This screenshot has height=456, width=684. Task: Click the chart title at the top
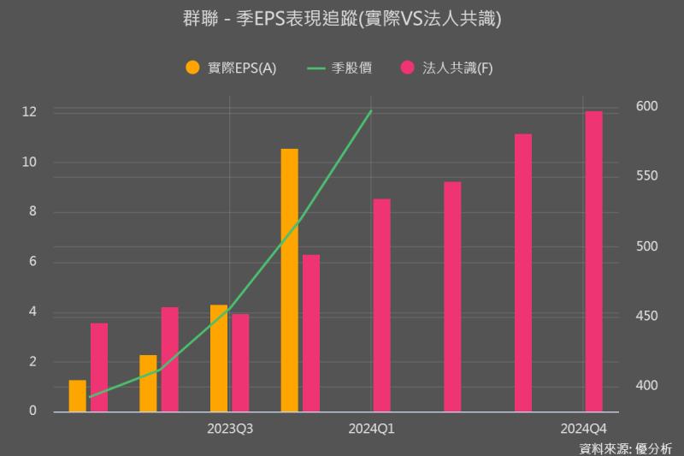(342, 19)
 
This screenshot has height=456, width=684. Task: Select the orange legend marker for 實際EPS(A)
(192, 68)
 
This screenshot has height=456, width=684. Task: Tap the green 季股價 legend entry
(339, 68)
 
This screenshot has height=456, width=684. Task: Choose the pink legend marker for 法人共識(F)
(408, 68)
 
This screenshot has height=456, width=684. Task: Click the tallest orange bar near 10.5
(290, 280)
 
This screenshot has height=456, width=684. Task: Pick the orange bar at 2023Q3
(219, 358)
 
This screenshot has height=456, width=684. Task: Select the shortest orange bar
(78, 395)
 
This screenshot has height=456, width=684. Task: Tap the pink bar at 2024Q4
(593, 261)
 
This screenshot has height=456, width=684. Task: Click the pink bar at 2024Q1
(382, 305)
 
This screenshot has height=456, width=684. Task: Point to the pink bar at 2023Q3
(240, 362)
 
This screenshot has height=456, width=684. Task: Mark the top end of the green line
(371, 110)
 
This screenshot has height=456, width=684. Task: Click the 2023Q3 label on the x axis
(230, 427)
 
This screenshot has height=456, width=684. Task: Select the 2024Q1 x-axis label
(371, 427)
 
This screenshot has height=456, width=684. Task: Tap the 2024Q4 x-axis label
(583, 427)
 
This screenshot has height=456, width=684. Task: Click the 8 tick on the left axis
(32, 212)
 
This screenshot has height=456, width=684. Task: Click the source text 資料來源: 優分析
(626, 447)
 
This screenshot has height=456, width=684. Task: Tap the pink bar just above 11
(523, 272)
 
